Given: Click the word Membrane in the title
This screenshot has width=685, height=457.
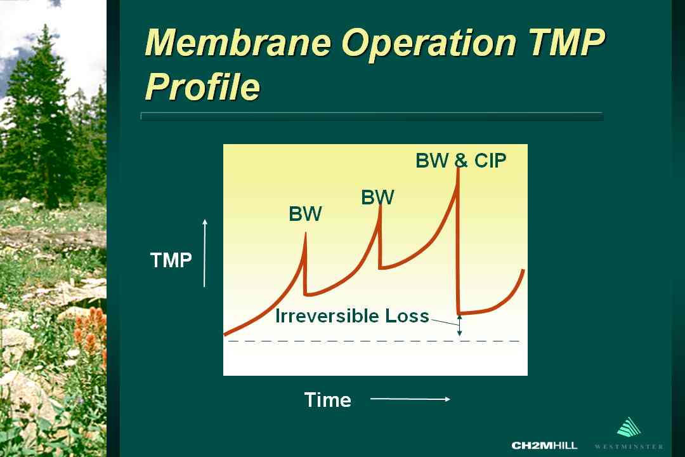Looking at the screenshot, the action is pos(238,43).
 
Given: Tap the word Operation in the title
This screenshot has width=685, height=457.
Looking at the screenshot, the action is pos(429,43).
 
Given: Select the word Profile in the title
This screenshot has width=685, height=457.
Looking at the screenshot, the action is pos(202,86).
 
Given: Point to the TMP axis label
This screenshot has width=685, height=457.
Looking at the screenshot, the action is pos(171,260).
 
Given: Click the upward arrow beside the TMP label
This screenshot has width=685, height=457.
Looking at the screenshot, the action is pos(204,253).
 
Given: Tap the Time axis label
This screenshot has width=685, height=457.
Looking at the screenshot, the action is pos(328,400).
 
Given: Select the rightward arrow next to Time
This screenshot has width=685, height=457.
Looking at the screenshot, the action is pos(410,399).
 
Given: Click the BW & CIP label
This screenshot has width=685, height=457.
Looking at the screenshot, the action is pos(461,161).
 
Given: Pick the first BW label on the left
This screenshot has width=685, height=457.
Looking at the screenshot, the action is pos(305,214).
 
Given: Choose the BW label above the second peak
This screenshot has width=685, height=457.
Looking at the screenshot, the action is pos(377,197).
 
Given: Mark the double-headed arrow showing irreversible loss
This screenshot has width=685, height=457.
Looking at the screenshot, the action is pos(459,326).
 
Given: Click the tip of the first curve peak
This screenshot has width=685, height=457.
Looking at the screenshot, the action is pos(305,233).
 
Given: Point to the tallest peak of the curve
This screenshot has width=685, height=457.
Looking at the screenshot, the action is pos(459,168).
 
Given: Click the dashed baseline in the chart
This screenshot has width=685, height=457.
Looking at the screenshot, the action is pos(374,341).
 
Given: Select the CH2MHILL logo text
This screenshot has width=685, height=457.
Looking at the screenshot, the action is pos(544,446).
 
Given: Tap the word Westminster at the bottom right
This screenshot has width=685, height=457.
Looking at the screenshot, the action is pos(629,446).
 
